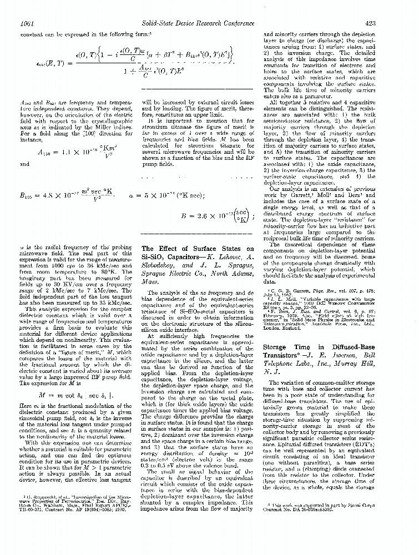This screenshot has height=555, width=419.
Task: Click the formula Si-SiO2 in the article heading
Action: click(157, 258)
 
